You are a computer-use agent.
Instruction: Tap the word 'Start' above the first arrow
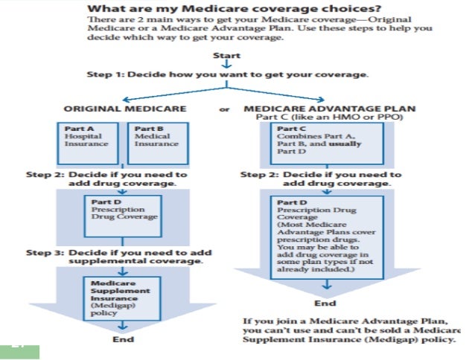[226, 55]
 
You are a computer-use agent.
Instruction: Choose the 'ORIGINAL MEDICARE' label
[125, 109]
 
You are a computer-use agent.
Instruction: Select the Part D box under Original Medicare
[121, 208]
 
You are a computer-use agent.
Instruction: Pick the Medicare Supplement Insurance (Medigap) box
[120, 298]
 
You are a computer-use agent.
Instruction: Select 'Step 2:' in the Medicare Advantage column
[258, 175]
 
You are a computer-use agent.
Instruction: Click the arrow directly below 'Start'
[226, 64]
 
